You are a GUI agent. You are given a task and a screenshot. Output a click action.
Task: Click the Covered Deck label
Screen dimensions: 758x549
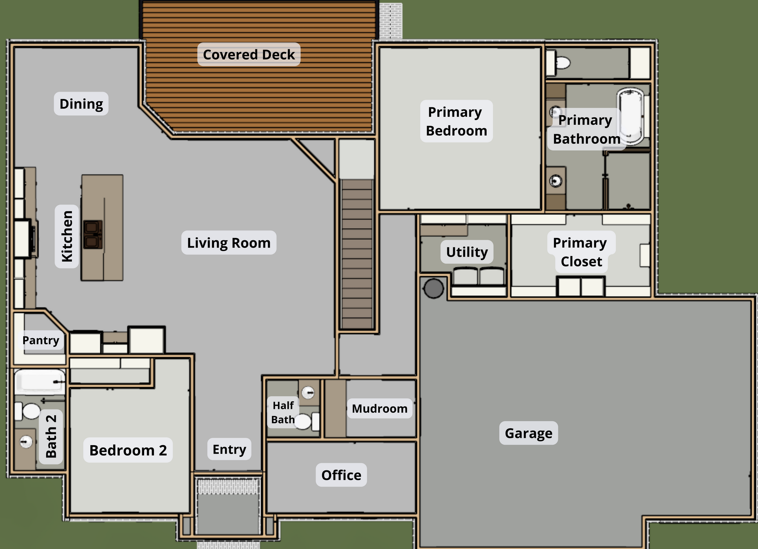pos(249,54)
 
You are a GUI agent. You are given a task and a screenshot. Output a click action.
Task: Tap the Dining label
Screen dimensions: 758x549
pos(81,104)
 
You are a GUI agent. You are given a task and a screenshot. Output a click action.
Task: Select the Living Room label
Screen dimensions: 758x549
pos(229,243)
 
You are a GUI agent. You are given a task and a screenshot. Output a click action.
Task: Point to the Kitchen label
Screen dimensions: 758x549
pos(67,236)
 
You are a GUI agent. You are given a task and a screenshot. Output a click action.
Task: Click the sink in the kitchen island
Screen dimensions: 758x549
pos(93,234)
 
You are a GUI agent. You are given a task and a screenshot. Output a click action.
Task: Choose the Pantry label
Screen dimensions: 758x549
pos(41,340)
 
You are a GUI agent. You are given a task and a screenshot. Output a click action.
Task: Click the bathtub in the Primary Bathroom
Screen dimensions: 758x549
pos(630,117)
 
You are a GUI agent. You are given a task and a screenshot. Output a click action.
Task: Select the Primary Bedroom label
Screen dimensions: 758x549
pos(456,121)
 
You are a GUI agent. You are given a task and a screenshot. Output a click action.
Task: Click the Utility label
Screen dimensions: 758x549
pos(467,252)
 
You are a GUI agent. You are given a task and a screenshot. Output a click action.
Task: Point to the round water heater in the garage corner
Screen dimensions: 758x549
pos(434,289)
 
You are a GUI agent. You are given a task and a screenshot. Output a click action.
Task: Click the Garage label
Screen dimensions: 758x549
pos(529,433)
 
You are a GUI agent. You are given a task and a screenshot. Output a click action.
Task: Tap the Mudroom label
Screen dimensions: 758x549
pos(379,408)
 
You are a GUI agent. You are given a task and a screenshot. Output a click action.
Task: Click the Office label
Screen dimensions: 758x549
pos(341,475)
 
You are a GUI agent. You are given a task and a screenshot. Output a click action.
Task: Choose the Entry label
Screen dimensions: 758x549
pos(229,449)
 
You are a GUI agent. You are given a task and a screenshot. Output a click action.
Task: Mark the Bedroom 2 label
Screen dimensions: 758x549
pos(128,450)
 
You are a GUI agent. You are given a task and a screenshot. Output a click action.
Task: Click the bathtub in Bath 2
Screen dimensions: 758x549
pos(40,382)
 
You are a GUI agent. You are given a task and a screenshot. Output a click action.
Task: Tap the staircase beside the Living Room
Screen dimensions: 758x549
pos(357,254)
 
